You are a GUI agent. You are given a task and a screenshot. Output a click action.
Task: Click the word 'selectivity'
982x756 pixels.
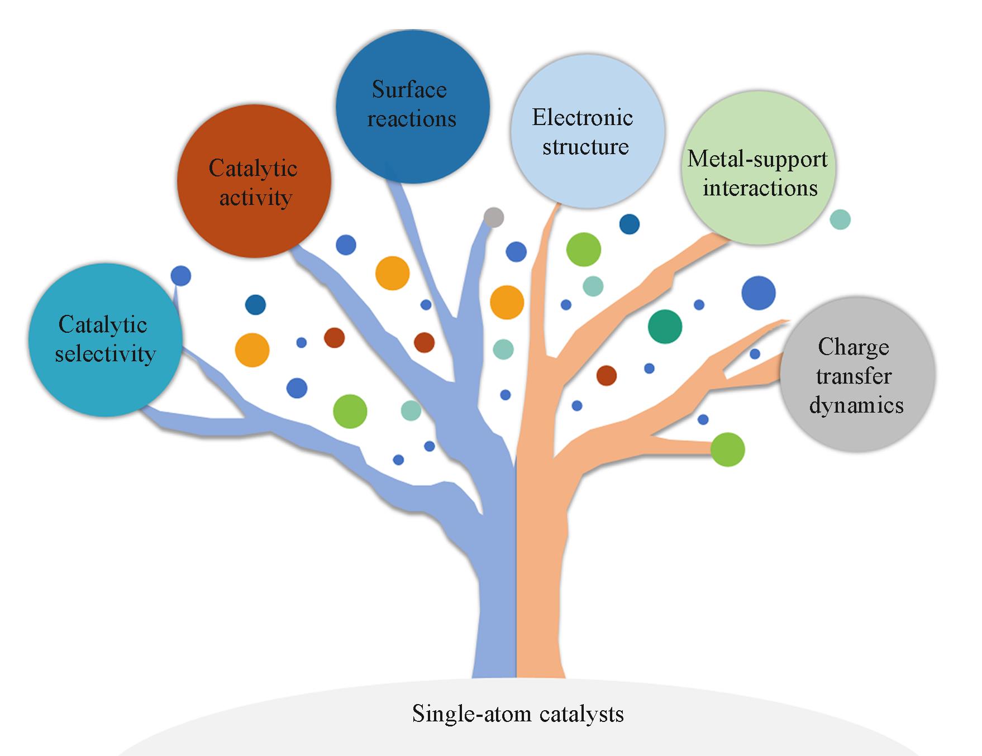[x=105, y=354]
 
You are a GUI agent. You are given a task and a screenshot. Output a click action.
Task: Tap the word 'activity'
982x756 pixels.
[x=255, y=198]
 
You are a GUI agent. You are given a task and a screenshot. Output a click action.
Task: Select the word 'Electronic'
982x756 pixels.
[x=583, y=118]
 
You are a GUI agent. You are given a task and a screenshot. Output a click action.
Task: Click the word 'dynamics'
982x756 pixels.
[x=856, y=405]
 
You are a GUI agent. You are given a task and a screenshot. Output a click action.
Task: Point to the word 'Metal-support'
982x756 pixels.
[x=757, y=159]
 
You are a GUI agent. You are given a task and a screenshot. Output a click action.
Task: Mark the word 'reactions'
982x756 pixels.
[x=412, y=119]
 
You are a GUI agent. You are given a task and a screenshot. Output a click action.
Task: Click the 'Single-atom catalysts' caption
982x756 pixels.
[x=518, y=714]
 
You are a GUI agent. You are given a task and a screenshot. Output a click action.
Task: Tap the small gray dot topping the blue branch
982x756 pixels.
[x=494, y=217]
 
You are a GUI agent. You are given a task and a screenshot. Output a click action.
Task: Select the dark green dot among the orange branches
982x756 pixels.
[x=665, y=327]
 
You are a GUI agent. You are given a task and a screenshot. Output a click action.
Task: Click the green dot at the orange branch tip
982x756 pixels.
[x=728, y=449]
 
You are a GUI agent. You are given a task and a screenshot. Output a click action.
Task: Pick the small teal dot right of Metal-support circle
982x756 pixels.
[x=840, y=219]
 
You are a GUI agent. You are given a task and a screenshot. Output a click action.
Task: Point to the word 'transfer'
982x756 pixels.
[x=854, y=376]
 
